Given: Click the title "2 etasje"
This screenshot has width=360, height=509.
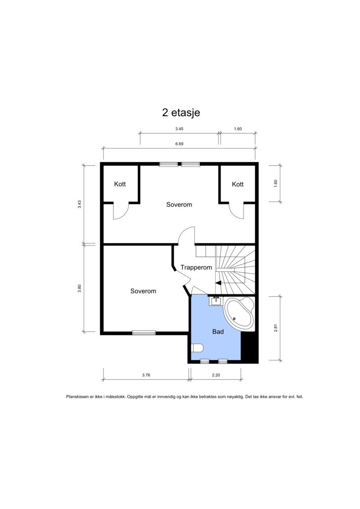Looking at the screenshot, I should pyautogui.click(x=181, y=113).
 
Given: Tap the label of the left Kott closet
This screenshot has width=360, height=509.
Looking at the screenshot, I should pyautogui.click(x=120, y=184).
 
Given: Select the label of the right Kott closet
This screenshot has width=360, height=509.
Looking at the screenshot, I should pyautogui.click(x=238, y=184).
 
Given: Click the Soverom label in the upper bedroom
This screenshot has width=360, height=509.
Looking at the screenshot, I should pyautogui.click(x=179, y=204).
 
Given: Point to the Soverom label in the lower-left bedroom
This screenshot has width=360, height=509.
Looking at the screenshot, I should pyautogui.click(x=143, y=291).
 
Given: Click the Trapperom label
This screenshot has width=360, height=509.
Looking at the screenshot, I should pyautogui.click(x=196, y=267).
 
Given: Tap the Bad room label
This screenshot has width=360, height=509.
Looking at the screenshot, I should pyautogui.click(x=218, y=332).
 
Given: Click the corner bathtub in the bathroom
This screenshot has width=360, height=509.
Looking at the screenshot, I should pyautogui.click(x=239, y=313).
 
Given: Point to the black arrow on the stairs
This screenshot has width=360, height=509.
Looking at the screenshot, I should pyautogui.click(x=218, y=283).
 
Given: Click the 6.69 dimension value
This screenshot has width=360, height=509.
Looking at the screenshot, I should pyautogui.click(x=179, y=144).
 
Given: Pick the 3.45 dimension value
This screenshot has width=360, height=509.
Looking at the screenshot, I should pyautogui.click(x=179, y=129).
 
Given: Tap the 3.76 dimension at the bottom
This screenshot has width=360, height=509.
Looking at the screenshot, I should pyautogui.click(x=145, y=375).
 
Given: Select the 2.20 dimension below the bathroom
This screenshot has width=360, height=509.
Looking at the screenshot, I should pyautogui.click(x=215, y=375).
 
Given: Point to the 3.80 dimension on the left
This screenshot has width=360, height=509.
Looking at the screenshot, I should pyautogui.click(x=79, y=288).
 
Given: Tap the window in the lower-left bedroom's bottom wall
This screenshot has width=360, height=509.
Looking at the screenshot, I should pyautogui.click(x=144, y=333).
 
